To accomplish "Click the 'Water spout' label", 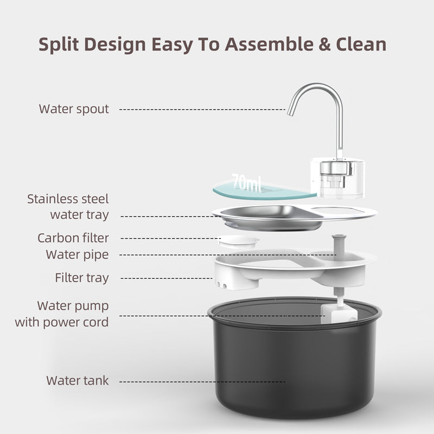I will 74,109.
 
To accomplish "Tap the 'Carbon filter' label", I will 73,238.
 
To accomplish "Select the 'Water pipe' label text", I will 77,254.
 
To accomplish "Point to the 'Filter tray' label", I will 82,278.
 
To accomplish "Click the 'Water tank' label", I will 78,381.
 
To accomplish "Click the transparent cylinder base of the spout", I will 337,177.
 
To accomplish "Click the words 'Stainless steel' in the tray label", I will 68,199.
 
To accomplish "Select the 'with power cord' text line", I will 62,322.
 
